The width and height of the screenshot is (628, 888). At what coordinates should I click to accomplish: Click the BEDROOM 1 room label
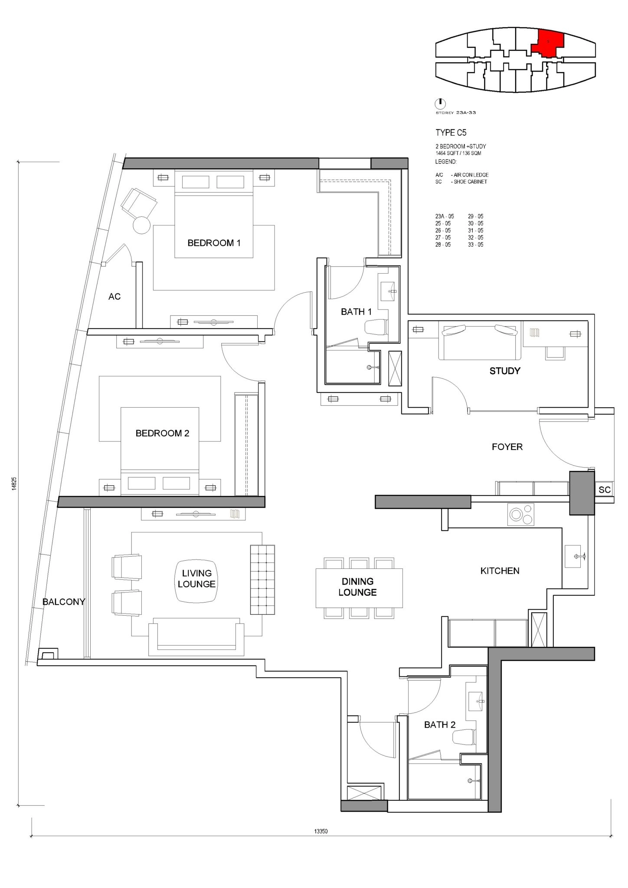click(x=214, y=243)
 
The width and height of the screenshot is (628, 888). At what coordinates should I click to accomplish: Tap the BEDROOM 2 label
click(x=162, y=433)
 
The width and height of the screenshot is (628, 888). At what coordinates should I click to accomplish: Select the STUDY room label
click(x=505, y=371)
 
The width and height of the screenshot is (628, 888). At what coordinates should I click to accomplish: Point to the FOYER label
click(x=507, y=447)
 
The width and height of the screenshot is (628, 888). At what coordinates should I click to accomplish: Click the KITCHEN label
click(x=500, y=571)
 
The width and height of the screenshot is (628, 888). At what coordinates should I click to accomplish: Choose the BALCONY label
click(x=64, y=602)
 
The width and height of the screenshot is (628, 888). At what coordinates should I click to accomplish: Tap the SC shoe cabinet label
click(x=604, y=490)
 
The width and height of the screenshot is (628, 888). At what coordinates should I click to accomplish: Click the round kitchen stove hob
click(x=520, y=515)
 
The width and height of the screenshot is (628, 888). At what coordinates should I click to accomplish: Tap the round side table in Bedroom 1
click(x=141, y=225)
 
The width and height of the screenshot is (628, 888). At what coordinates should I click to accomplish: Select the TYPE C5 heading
click(x=451, y=133)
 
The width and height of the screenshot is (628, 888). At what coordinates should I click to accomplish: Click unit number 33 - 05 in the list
click(x=475, y=245)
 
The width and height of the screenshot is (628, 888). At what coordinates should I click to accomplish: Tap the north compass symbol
click(x=440, y=104)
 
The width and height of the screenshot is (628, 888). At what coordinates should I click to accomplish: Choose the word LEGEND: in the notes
click(x=446, y=162)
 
